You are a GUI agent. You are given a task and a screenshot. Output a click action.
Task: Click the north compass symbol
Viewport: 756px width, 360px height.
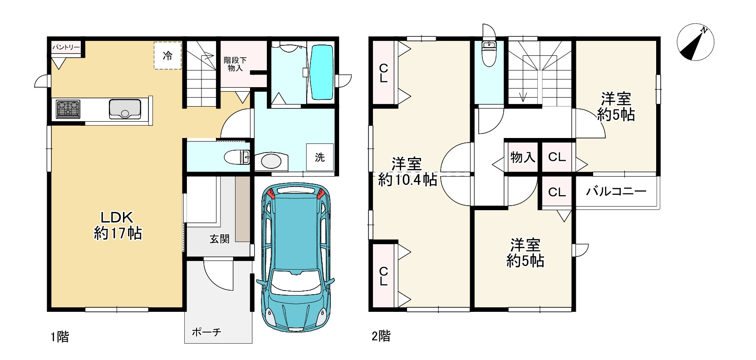pos(696,42)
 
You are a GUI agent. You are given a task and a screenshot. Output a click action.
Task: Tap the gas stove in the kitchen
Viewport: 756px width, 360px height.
pos(68,109)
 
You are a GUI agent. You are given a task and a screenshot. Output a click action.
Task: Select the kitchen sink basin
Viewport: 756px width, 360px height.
pos(125,109)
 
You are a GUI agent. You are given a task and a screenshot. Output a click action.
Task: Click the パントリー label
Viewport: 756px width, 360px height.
pos(66,47)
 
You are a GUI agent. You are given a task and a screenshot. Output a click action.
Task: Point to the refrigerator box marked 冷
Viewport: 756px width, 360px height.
pos(168,56)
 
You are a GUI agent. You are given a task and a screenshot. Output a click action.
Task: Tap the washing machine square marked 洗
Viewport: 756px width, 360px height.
pos(320,157)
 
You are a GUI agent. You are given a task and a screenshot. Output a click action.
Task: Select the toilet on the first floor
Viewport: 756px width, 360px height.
pos(236,157)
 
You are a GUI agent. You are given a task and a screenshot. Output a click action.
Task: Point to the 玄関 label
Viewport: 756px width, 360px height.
pos(220,239)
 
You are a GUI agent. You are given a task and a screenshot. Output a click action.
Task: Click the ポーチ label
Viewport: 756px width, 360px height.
pos(206,332)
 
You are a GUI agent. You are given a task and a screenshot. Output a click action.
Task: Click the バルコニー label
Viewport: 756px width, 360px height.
pos(616,192)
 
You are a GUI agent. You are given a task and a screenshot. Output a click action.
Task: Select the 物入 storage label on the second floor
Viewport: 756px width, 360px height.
pos(523,157)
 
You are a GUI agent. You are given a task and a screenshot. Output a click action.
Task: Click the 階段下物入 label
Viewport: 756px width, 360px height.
pos(235,64)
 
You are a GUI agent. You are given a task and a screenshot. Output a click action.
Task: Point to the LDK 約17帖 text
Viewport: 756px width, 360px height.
pos(118,225)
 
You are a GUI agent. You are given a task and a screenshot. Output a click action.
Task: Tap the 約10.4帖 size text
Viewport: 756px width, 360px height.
pos(407,179)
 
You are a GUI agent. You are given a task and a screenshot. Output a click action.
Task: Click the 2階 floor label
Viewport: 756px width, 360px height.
pos(381,336)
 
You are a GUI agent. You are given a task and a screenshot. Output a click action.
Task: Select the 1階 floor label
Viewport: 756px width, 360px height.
pos(60,337)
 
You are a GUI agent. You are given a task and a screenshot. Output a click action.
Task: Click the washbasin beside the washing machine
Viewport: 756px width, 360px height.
pos(271,161)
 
